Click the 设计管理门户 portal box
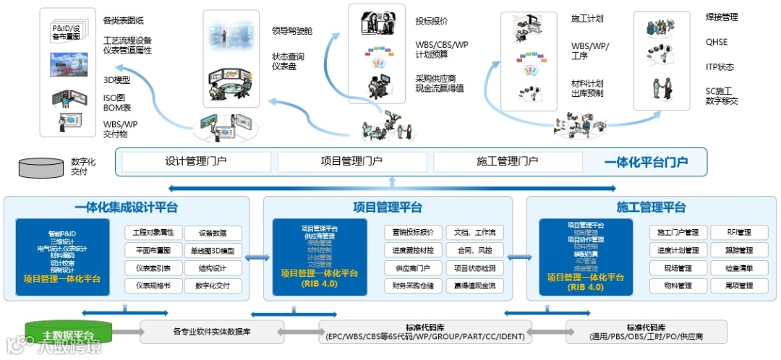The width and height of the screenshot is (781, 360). tap(197, 162)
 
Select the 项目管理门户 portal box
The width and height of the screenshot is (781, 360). tap(351, 162)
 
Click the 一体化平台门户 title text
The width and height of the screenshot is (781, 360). tap(645, 162)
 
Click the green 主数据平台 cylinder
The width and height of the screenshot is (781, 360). tap(69, 333)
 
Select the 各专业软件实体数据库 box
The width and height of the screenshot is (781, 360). tap(211, 332)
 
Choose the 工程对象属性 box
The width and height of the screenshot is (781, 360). tap(153, 233)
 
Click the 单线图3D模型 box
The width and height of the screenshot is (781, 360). tap(213, 251)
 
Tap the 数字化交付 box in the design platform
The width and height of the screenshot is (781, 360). tap(213, 286)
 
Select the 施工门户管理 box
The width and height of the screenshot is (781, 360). tap(678, 233)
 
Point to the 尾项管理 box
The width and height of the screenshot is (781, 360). tap(740, 286)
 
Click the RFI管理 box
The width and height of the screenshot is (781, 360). tap(740, 233)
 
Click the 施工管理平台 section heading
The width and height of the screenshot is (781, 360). tap(651, 207)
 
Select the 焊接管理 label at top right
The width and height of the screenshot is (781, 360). tap(722, 17)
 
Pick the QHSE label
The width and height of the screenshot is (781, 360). tap(717, 42)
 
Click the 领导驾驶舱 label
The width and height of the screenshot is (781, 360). tap(292, 30)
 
